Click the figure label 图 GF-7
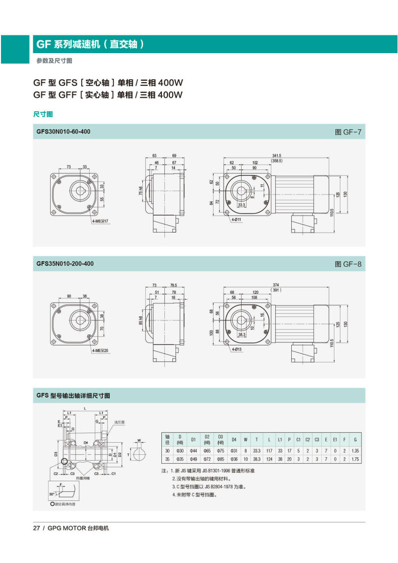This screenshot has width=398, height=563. (x=347, y=132)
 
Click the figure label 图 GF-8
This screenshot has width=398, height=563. (x=347, y=264)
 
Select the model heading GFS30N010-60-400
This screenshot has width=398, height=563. (x=63, y=132)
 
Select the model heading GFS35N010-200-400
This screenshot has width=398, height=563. (x=65, y=263)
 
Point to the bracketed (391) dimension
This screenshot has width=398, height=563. (x=276, y=290)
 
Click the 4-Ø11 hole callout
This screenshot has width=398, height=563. (x=236, y=220)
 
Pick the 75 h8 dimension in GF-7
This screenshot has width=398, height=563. (x=141, y=191)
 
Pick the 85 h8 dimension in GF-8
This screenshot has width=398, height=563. (x=141, y=320)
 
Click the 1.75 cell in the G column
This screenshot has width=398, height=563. (x=355, y=459)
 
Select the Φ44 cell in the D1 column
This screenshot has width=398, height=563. (x=193, y=451)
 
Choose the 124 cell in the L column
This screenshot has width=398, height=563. (x=269, y=459)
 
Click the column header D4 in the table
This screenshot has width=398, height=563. (x=233, y=440)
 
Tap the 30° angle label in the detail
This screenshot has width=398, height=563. (x=52, y=493)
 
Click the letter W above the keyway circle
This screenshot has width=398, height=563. (x=138, y=441)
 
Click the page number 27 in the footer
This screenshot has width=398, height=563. (x=36, y=528)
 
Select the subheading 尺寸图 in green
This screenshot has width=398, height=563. (x=43, y=114)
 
